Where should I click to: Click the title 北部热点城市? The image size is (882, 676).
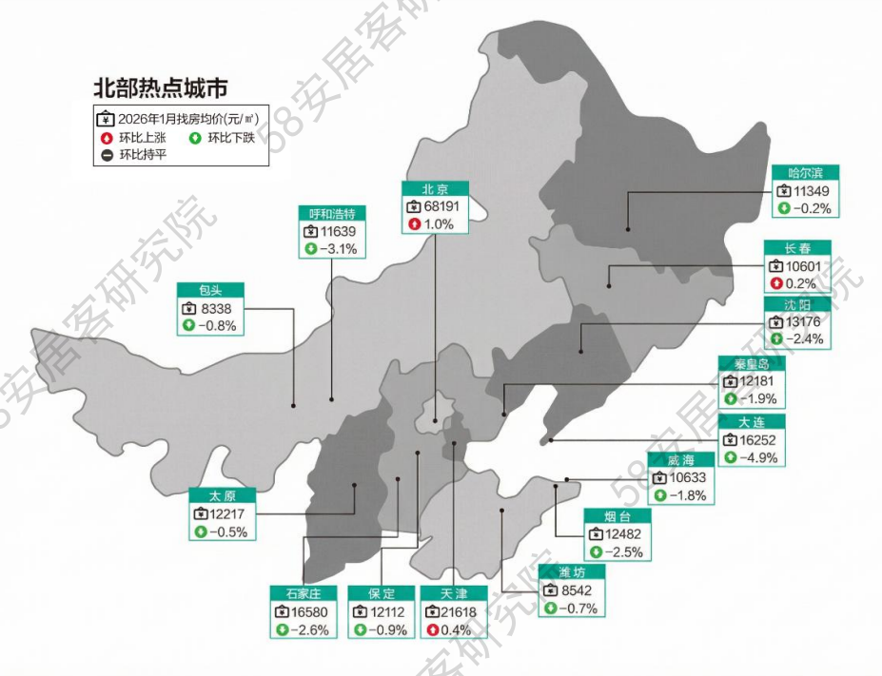160,89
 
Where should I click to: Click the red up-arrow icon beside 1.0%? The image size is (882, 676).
414,224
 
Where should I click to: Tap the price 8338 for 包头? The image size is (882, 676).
216,308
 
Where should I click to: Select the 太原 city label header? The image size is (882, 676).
224,495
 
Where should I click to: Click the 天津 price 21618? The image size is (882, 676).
461,611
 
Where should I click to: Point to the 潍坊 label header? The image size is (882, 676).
571,572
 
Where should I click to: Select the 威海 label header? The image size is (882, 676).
680,460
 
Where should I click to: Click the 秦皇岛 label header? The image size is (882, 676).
752,364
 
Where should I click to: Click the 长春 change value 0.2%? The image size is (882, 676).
802,283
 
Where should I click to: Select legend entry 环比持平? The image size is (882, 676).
142,155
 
